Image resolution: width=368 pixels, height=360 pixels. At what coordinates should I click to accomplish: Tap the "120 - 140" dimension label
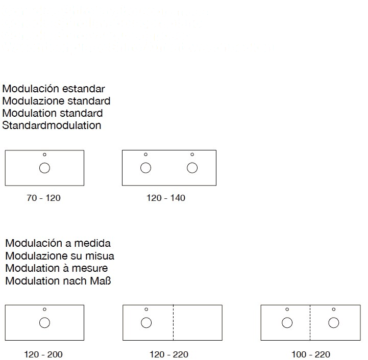coord(166,198)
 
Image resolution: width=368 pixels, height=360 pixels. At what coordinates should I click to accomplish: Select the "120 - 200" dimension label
coord(45,354)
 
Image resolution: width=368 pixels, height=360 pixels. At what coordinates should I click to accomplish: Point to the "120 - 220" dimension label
coord(169,354)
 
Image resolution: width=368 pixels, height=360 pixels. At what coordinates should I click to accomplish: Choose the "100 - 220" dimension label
coord(311,354)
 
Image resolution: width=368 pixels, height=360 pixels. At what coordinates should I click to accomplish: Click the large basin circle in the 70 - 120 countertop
coord(44,168)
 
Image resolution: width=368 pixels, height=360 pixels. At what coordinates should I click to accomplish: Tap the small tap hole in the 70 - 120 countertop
coord(44,155)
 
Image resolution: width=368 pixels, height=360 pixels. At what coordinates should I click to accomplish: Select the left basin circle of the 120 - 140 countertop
coord(145,168)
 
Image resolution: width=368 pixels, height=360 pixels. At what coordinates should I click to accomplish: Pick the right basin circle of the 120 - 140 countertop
coord(192,168)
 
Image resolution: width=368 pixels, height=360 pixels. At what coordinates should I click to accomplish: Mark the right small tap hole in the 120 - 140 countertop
coord(192,155)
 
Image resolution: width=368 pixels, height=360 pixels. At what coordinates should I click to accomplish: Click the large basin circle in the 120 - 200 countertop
coord(44,322)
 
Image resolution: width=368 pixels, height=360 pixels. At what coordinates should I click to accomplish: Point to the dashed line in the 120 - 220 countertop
coord(174,322)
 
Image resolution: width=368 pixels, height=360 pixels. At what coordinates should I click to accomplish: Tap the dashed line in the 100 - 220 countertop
coord(310,322)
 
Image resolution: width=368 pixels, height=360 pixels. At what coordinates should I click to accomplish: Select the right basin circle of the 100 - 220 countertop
coord(334,322)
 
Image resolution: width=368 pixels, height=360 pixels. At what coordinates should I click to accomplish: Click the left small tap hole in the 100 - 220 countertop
coord(287,309)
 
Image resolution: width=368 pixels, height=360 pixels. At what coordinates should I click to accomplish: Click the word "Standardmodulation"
coord(52,125)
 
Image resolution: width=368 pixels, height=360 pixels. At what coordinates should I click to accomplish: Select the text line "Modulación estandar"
coord(54,88)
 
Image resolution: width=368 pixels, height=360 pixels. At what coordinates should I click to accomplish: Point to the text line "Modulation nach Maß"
coord(59,280)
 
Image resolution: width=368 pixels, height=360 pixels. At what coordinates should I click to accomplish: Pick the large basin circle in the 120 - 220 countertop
coord(146,322)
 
